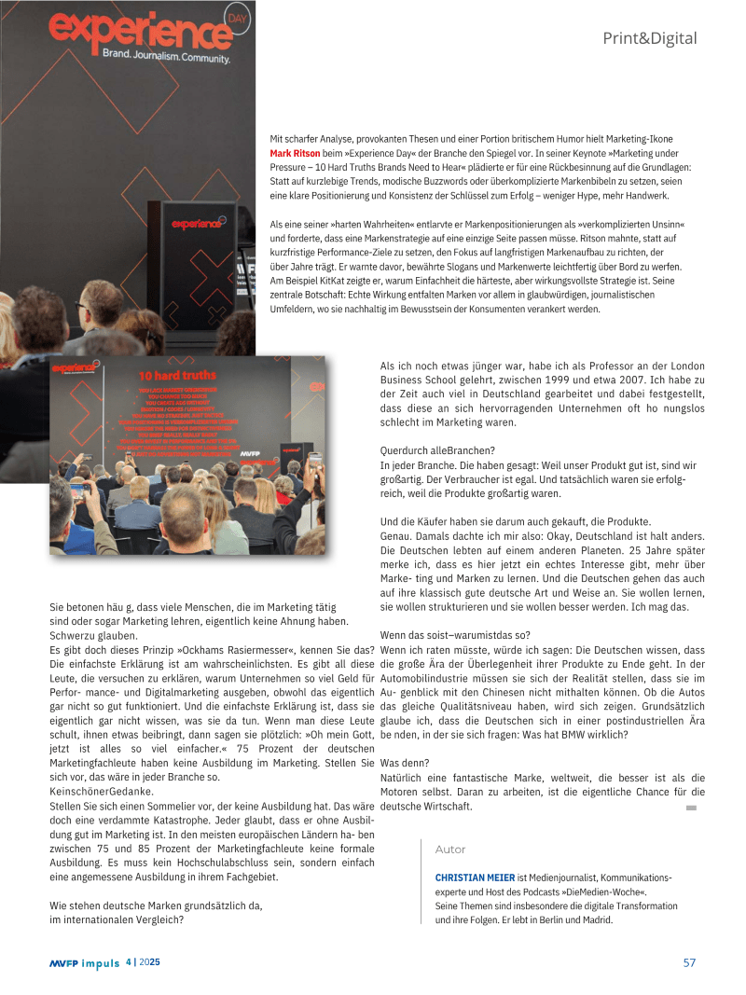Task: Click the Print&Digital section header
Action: pyautogui.click(x=649, y=38)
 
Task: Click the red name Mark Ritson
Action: pyautogui.click(x=295, y=153)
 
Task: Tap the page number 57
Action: pyautogui.click(x=689, y=963)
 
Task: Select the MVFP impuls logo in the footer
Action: pyautogui.click(x=85, y=963)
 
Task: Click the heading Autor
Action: pyautogui.click(x=450, y=850)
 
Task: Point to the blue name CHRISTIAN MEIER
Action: pyautogui.click(x=475, y=878)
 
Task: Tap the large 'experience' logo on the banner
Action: pyautogui.click(x=138, y=32)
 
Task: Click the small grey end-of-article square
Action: pyautogui.click(x=691, y=808)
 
